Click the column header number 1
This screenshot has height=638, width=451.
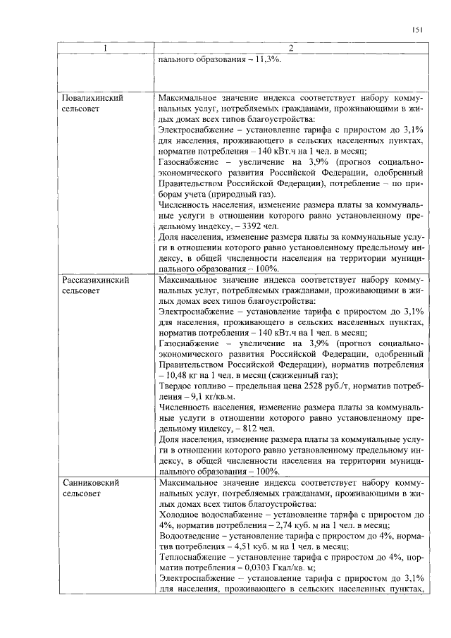[105, 48]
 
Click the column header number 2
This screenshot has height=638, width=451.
[290, 48]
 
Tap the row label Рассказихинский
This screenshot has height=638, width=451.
[95, 280]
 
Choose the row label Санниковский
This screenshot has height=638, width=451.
[89, 483]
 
